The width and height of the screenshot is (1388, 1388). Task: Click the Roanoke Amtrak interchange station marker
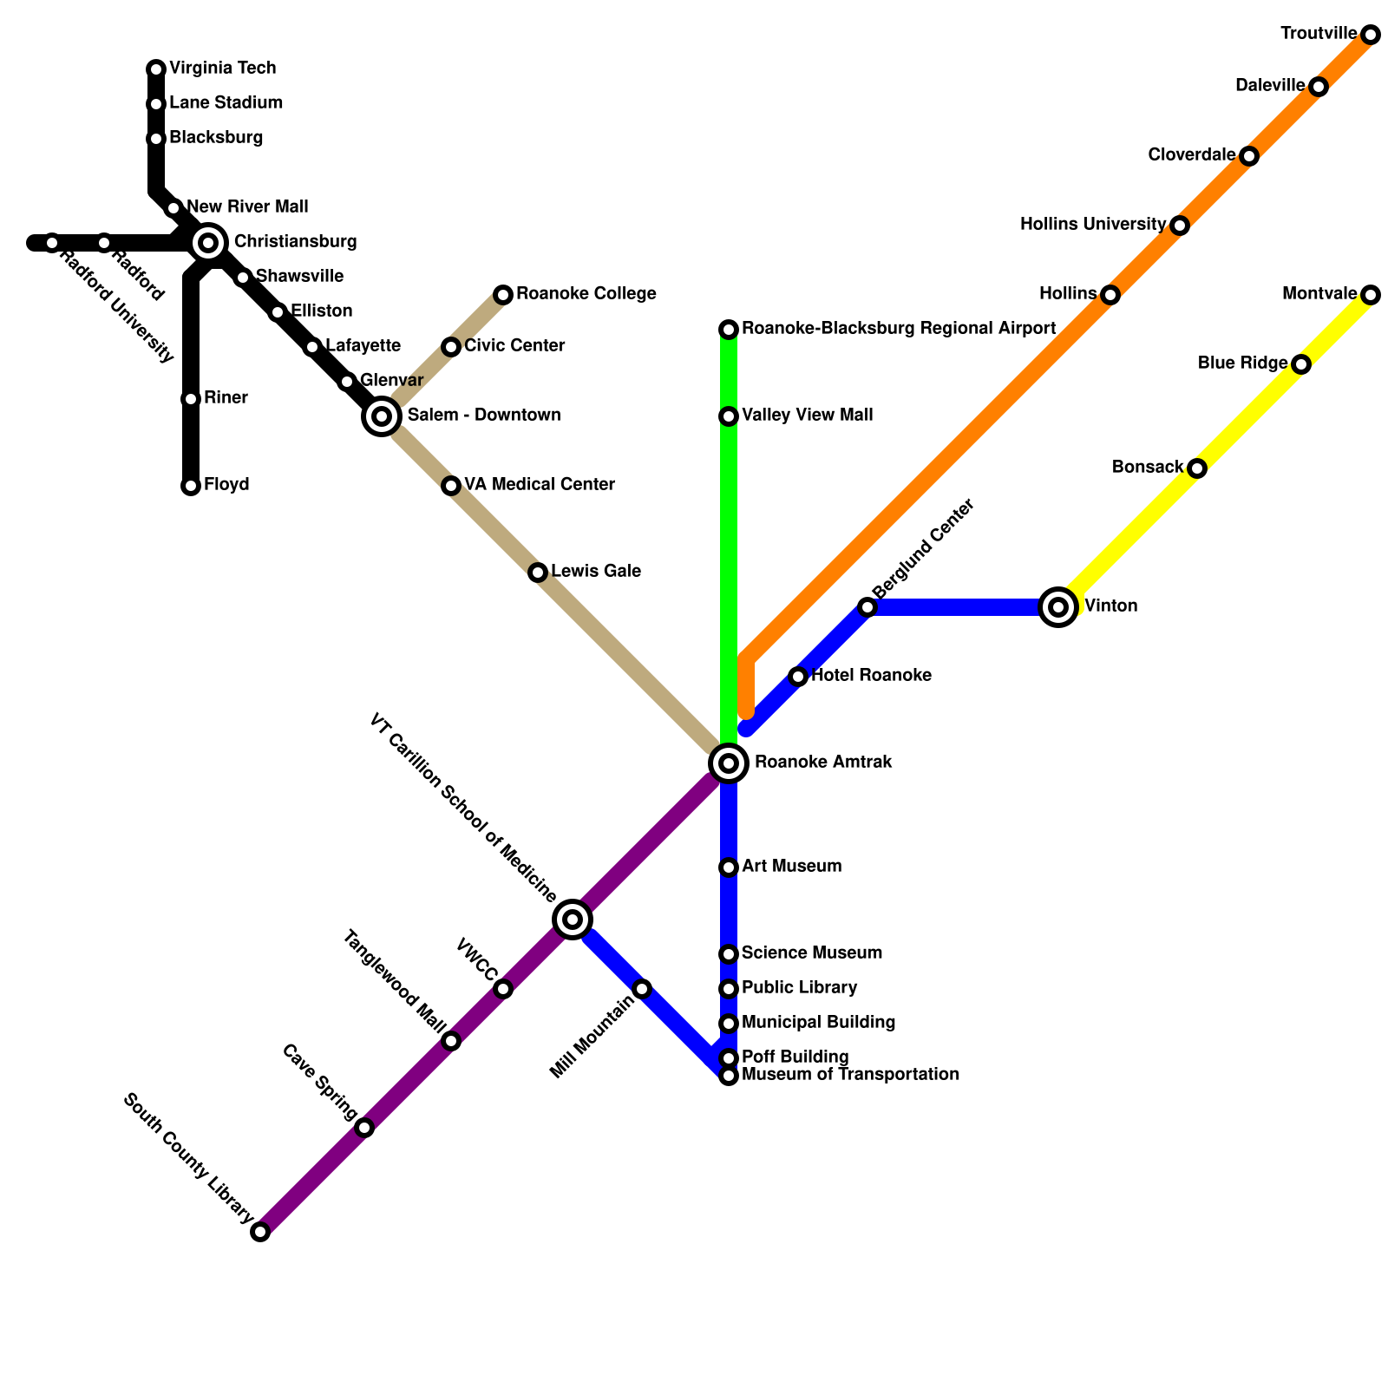[x=729, y=763]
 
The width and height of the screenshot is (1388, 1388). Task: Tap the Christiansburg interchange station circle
[x=208, y=243]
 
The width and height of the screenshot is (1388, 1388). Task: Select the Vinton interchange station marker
[x=1058, y=607]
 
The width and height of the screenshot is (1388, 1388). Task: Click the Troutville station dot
[x=1371, y=35]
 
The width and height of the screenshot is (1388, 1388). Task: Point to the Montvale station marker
[x=1371, y=295]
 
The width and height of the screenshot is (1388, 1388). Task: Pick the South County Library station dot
[x=260, y=1232]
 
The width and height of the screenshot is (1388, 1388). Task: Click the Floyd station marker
[x=191, y=486]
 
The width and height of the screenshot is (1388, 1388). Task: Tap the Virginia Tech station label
[x=222, y=68]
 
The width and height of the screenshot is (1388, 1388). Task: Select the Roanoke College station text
[x=586, y=294]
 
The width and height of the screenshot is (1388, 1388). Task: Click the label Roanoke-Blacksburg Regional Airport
[x=898, y=329]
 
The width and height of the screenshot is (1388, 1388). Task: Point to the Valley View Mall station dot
[x=729, y=416]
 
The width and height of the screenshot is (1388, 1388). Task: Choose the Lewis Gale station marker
[x=538, y=573]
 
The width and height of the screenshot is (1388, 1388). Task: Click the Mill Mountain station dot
[x=642, y=989]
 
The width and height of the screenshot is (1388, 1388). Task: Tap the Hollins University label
[x=1092, y=225]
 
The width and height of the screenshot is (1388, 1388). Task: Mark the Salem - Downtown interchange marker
[x=382, y=416]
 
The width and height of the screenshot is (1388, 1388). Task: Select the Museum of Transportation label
[x=850, y=1075]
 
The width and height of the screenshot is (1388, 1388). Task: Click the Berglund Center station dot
[x=867, y=607]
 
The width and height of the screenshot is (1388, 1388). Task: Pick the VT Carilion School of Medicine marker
[x=573, y=920]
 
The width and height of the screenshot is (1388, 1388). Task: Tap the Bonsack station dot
[x=1197, y=468]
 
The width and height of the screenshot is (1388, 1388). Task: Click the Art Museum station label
[x=791, y=867]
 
